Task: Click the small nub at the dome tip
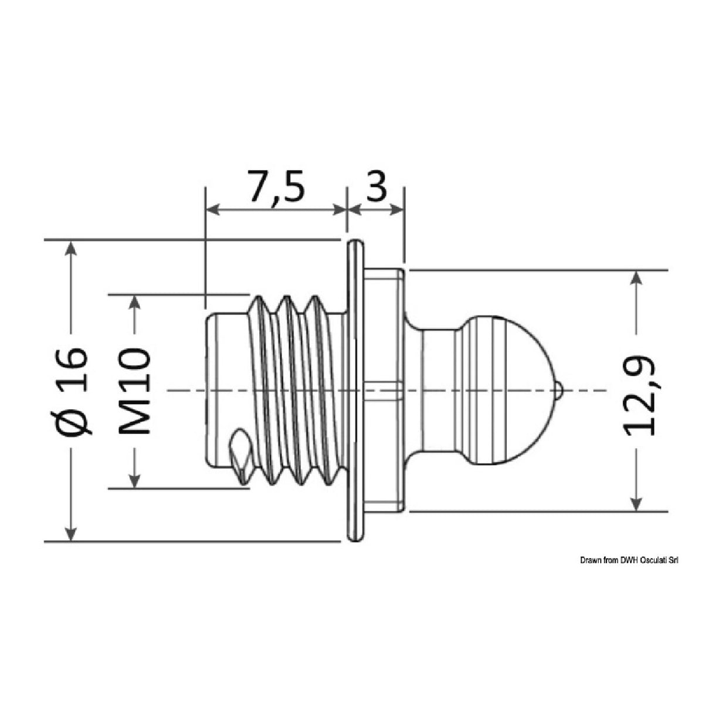coord(560,390)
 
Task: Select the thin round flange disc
coord(354,390)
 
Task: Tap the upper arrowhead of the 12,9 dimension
coord(636,279)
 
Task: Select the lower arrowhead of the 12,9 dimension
coord(636,503)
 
